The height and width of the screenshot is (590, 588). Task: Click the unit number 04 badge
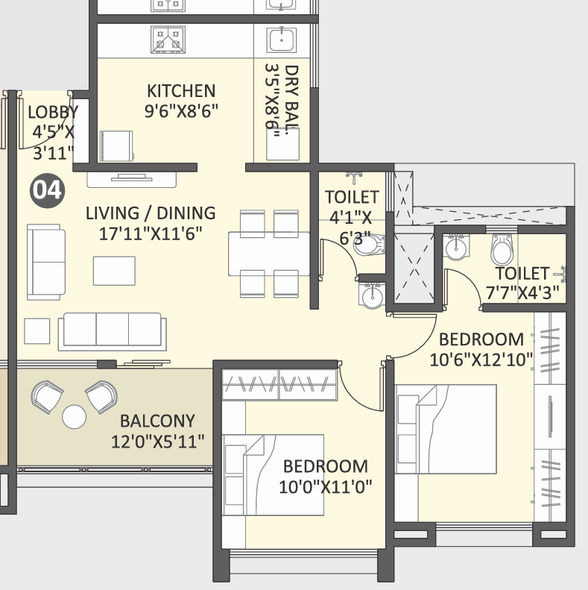pos(48,190)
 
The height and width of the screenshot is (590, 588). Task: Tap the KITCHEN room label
pos(181,91)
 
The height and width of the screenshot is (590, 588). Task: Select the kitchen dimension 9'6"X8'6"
pos(181,111)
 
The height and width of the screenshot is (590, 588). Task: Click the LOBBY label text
pos(53,112)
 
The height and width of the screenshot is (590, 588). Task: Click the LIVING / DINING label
pos(151,213)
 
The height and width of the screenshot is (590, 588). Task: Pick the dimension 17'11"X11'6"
pos(151,233)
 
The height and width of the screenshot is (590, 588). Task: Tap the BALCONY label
pos(157,421)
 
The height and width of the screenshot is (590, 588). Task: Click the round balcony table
pos(74,417)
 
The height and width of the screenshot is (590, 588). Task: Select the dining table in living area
pos(269,254)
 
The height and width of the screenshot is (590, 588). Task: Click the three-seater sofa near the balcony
pos(113,331)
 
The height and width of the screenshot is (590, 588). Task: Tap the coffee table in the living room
pos(114,271)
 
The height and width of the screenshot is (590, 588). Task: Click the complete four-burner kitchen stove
pos(168,40)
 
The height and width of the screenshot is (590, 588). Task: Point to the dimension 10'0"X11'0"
pos(326,487)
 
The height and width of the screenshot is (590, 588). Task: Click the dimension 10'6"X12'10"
pos(481,360)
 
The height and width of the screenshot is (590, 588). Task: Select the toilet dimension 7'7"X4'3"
pos(522,292)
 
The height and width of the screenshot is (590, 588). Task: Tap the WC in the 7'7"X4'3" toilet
pos(502,249)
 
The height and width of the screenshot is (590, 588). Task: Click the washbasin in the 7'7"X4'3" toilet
pos(456,247)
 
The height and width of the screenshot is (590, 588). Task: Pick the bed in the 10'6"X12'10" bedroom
pos(446,429)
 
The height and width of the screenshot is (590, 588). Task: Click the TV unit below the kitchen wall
pos(132,180)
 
